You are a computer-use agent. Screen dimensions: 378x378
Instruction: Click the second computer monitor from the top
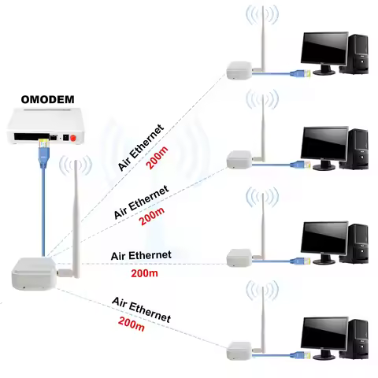(x=323, y=144)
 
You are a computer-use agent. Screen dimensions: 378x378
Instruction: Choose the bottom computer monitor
(x=323, y=334)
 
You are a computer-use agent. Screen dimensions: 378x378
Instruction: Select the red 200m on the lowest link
(x=132, y=322)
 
